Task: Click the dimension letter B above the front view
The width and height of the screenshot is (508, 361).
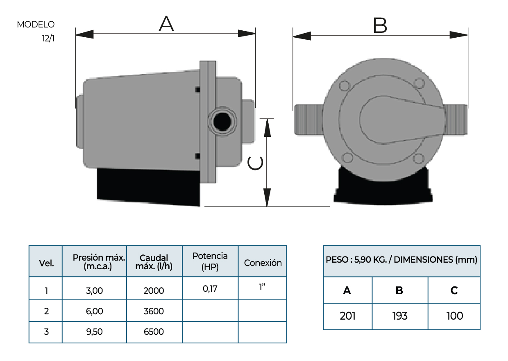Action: tap(380, 25)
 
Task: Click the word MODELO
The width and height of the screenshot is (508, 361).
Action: tap(36, 25)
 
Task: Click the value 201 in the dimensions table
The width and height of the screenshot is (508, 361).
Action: tap(347, 316)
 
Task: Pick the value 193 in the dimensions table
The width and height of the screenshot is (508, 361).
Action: tap(399, 316)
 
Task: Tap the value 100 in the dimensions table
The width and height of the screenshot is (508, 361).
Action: tap(454, 316)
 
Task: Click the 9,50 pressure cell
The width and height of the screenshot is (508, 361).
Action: tap(94, 332)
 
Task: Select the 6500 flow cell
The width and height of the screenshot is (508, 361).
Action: tap(154, 332)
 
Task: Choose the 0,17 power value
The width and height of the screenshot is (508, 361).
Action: tap(210, 288)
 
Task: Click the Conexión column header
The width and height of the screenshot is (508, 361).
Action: tap(263, 263)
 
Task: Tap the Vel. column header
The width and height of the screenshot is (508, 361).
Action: tap(46, 263)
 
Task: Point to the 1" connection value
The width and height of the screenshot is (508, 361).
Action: tap(262, 287)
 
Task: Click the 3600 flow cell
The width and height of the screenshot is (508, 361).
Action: tap(154, 311)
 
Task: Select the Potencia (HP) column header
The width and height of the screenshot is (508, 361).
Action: tap(210, 261)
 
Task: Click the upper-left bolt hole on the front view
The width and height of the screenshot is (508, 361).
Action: tap(345, 86)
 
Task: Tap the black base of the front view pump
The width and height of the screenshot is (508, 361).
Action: tap(383, 186)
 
